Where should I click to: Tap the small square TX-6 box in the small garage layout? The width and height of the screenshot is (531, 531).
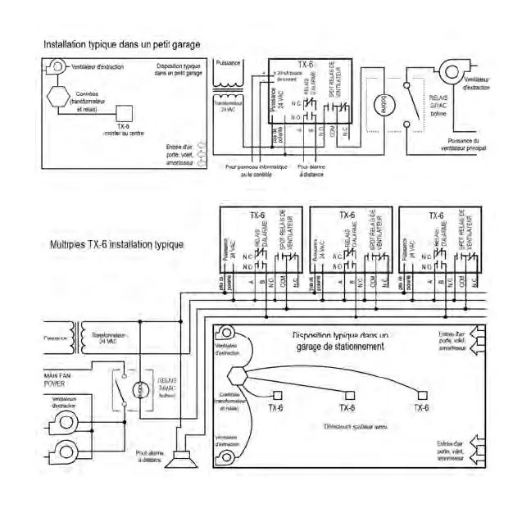pos(124,113)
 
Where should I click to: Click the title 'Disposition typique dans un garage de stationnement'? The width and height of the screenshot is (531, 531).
pos(342,341)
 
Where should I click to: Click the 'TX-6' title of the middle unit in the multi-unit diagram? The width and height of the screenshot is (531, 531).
pos(346,216)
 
